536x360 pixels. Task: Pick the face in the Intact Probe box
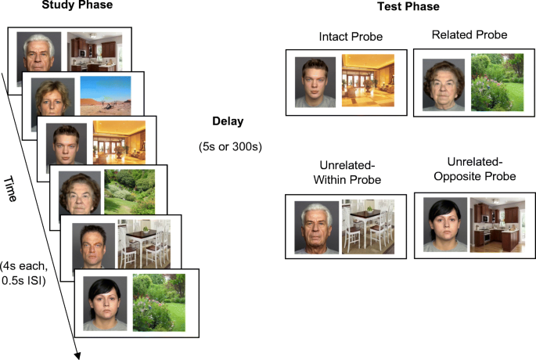pyautogui.click(x=315, y=81)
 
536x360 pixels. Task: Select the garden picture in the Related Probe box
pyautogui.click(x=498, y=81)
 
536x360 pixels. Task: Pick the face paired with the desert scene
pyautogui.click(x=52, y=96)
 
